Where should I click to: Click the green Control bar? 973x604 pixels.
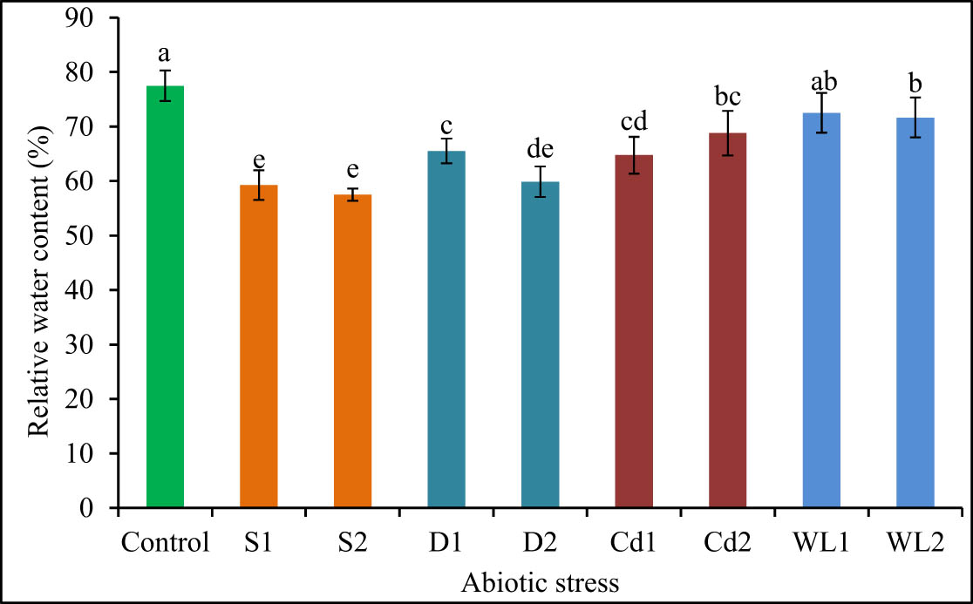[165, 296]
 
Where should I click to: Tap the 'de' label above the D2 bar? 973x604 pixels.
[540, 149]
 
